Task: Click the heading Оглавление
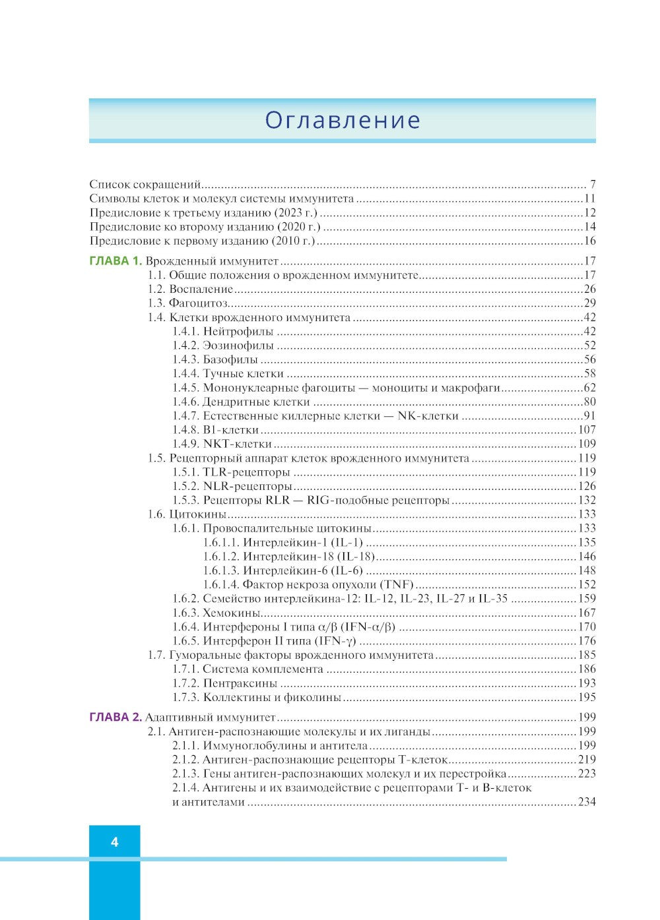pos(343,120)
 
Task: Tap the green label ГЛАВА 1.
pos(115,261)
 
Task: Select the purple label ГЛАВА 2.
pos(115,718)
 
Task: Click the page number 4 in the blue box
pos(115,842)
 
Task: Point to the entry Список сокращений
pos(145,185)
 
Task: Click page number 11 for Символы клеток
pos(589,199)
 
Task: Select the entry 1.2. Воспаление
pos(191,290)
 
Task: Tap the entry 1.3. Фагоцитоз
pos(187,303)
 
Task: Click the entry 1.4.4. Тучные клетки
pos(228,374)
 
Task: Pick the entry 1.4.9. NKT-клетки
pos(222,444)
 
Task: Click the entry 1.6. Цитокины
pos(187,514)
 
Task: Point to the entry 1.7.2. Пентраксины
pos(224,684)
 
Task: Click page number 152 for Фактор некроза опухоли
pos(586,585)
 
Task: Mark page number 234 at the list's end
pos(586,803)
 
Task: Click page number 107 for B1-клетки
pos(586,430)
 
